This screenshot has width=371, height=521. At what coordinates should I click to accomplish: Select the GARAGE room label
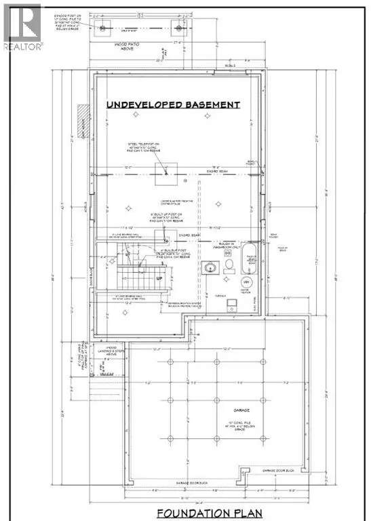(231, 411)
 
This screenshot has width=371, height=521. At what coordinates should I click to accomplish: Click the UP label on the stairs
(140, 278)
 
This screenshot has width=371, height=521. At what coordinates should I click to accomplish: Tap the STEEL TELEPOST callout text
(142, 148)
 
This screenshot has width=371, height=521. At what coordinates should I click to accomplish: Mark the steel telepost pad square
(166, 172)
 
